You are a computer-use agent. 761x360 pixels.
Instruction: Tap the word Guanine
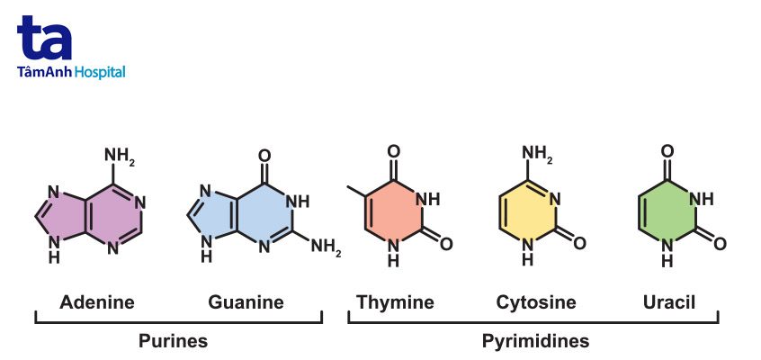pos(246,301)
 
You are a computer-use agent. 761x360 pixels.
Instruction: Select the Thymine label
pos(395,301)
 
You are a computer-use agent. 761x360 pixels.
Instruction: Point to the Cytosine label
pos(536,301)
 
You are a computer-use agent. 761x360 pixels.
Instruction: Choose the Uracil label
pos(665,301)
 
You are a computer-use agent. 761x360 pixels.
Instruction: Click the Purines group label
pos(173,341)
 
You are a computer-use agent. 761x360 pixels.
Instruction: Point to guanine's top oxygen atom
pos(264,155)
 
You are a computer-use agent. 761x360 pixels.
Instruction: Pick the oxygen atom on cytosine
pos(579,243)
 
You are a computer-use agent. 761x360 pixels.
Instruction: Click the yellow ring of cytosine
pos(528,217)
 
